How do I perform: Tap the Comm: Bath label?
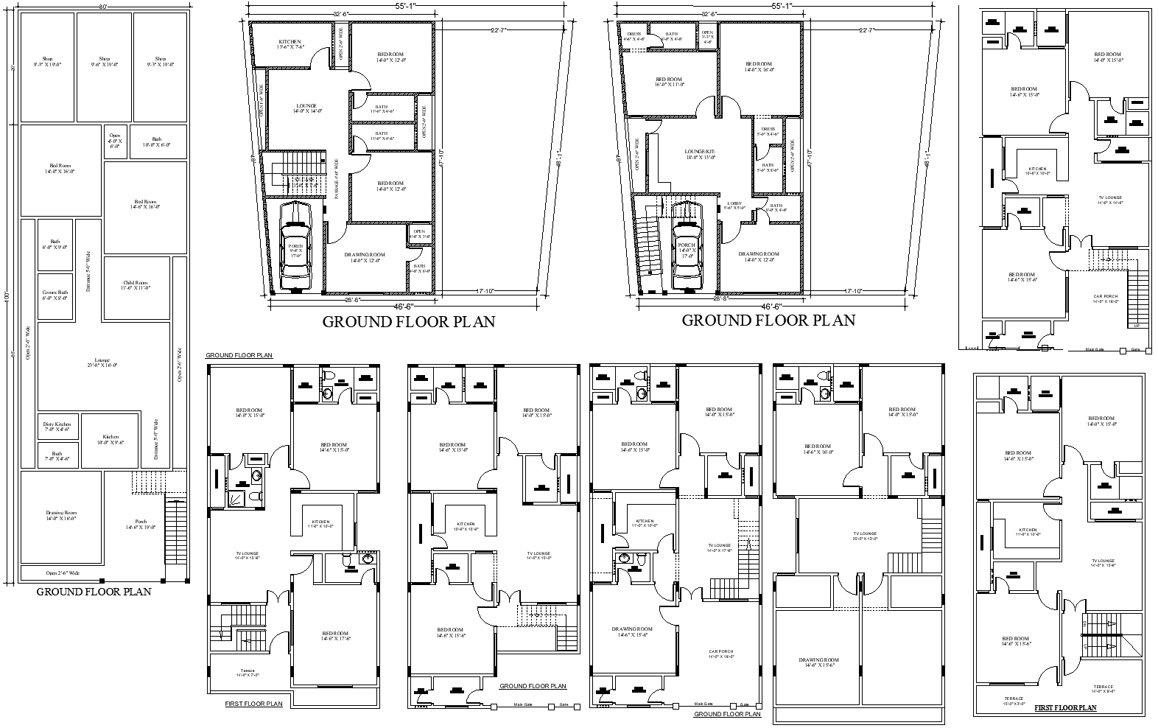tap(55, 295)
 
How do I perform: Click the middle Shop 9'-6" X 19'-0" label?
tap(104, 62)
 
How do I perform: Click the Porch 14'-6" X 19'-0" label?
tap(141, 524)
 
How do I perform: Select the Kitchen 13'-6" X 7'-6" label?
tap(290, 43)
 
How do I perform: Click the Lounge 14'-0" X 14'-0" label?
tap(306, 108)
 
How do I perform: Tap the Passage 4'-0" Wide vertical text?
tap(337, 179)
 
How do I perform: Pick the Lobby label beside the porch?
tap(734, 206)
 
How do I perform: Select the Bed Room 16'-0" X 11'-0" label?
tap(669, 81)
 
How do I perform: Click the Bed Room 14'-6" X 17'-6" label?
tap(334, 636)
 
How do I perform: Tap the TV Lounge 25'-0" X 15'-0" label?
tap(865, 536)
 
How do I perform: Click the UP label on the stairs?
tap(1136, 326)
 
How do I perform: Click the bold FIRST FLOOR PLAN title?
tap(1065, 708)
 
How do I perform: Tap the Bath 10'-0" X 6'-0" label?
tap(156, 141)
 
